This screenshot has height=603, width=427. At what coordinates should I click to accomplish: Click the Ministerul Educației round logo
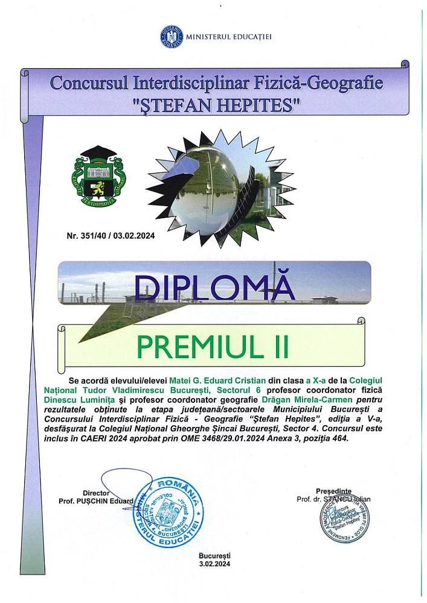point(172,37)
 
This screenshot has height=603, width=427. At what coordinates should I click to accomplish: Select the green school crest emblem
point(98,177)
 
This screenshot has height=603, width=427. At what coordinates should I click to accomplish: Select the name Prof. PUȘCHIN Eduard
point(96,501)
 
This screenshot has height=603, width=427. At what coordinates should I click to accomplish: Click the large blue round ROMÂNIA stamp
point(168,514)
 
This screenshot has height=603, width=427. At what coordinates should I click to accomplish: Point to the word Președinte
point(333,491)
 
